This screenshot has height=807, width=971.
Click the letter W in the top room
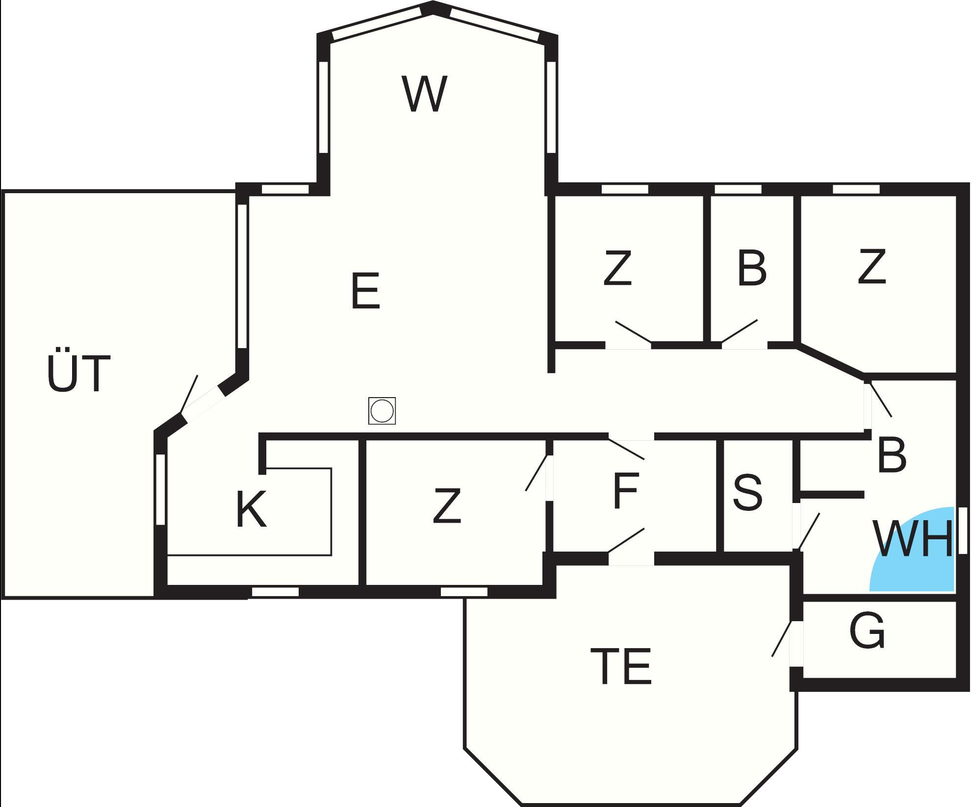[x=425, y=94]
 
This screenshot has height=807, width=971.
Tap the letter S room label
[x=748, y=492]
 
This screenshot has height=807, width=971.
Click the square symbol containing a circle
[x=382, y=411]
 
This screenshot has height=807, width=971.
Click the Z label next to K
[x=447, y=505]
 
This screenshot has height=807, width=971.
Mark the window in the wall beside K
[x=160, y=490]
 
